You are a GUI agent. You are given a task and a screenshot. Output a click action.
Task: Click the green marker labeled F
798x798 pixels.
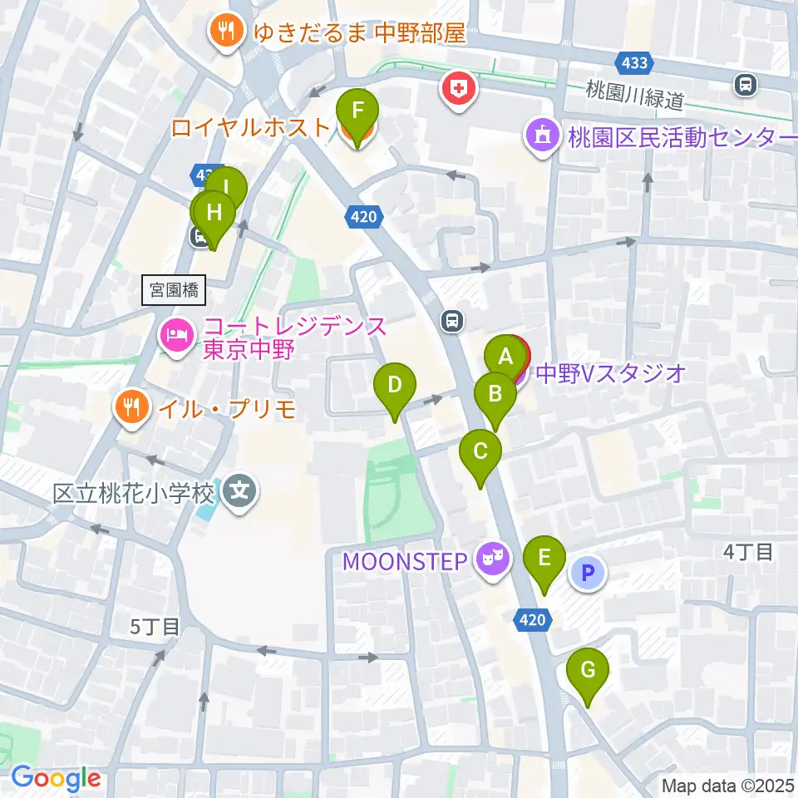[357, 111]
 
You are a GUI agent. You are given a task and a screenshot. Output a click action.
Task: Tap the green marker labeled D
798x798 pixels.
[395, 386]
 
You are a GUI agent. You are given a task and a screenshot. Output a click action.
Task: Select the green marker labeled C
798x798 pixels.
[480, 453]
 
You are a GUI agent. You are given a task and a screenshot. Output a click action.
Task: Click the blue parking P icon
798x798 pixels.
[589, 573]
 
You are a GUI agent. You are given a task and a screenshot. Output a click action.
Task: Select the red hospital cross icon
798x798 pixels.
[457, 88]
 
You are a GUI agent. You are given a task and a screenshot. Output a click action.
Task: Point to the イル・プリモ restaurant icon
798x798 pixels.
[131, 408]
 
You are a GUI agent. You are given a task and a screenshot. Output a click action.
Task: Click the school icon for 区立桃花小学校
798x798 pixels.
[240, 494]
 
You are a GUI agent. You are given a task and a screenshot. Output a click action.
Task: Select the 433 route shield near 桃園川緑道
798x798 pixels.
[634, 62]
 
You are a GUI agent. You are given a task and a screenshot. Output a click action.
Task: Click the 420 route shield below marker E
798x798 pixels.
[532, 619]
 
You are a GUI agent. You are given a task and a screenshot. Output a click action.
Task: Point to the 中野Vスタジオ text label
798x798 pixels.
[611, 373]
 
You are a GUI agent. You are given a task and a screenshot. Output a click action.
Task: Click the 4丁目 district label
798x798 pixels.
[748, 550]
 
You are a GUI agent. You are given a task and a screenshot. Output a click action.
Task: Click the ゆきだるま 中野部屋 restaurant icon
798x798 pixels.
[224, 34]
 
